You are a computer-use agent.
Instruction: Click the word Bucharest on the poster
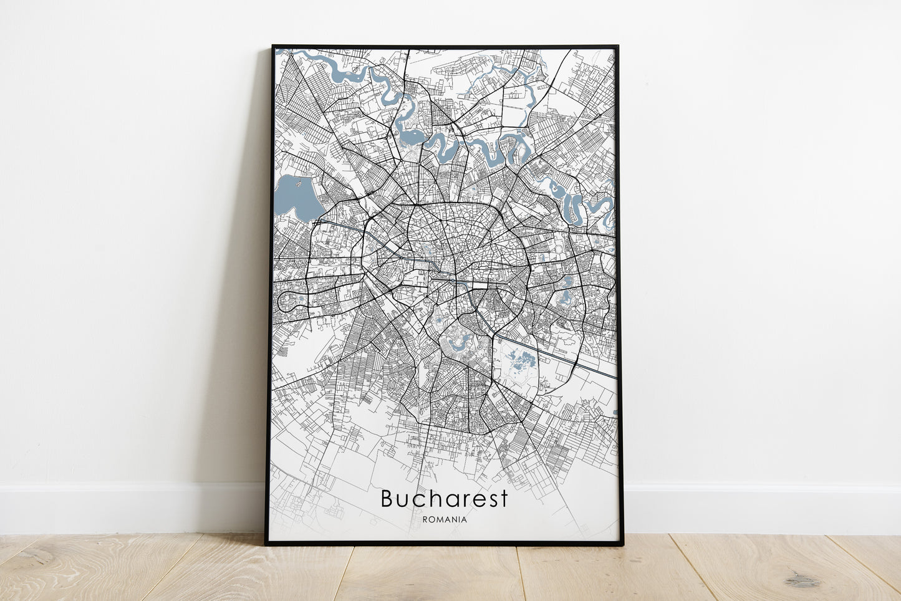click(444, 499)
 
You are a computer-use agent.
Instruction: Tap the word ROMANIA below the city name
click(444, 519)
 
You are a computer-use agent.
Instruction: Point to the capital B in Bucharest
click(387, 499)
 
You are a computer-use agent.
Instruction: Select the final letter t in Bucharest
click(504, 499)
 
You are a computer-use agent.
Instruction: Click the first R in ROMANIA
click(425, 519)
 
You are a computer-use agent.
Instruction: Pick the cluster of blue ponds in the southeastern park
click(521, 360)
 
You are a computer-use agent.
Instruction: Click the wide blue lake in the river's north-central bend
click(410, 135)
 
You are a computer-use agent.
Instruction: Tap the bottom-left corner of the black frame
click(267, 544)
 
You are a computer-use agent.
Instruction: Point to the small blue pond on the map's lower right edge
click(615, 412)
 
